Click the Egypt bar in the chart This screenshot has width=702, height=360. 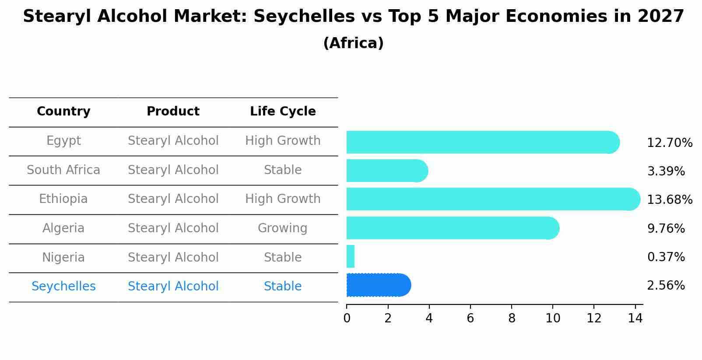point(481,142)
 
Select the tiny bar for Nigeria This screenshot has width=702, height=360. point(351,256)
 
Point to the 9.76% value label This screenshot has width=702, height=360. point(666,228)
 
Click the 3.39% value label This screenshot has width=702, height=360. point(666,171)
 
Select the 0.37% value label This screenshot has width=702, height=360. point(666,257)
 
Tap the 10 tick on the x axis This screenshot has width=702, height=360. point(553,318)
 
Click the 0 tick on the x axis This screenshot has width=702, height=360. point(347,318)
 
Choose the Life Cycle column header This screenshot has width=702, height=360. point(283,112)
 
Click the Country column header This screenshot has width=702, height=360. point(63,112)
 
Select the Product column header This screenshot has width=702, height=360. point(173,112)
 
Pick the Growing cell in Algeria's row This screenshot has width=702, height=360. point(282,228)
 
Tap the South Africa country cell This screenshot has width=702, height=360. point(63,170)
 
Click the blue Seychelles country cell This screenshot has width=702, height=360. point(63,286)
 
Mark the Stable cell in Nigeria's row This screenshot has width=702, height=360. point(282,257)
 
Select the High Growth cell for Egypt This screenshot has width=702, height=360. point(283,140)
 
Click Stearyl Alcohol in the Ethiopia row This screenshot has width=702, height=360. point(173,199)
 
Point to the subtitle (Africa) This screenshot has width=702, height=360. point(353,43)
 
